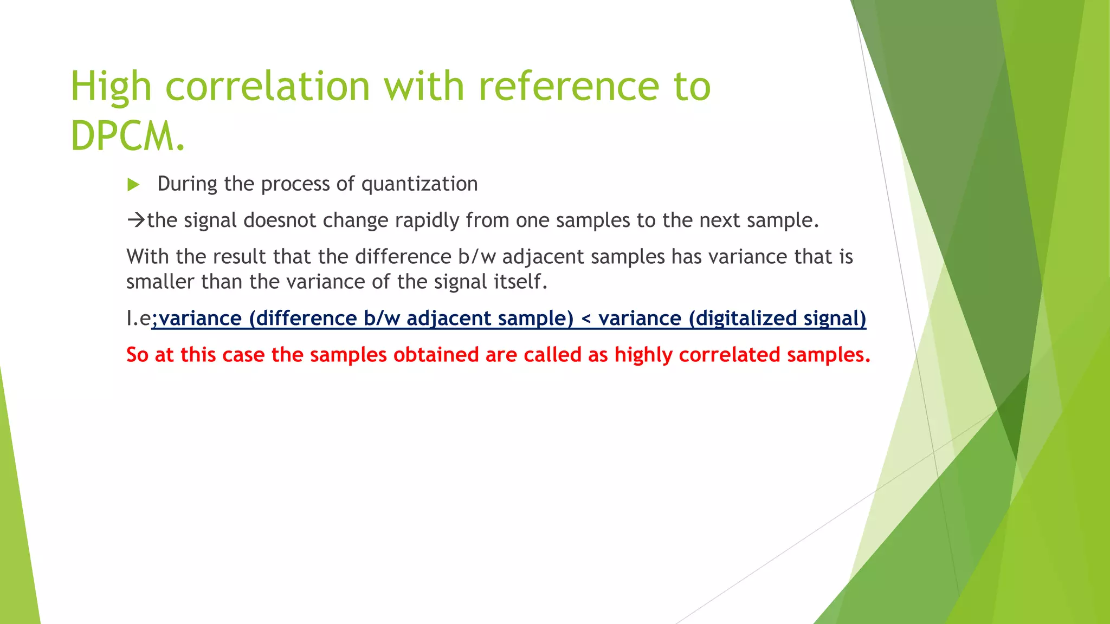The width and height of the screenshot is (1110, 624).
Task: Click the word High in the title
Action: click(111, 87)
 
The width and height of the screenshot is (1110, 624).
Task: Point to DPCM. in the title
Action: click(128, 135)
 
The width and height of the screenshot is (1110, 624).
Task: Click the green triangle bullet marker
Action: click(133, 185)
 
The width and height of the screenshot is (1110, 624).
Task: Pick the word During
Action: click(188, 184)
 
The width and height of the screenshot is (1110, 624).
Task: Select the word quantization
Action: click(420, 184)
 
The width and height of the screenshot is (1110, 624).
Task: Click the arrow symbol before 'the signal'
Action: click(136, 220)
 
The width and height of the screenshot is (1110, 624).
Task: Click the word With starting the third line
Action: click(148, 257)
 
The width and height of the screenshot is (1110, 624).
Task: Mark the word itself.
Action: click(520, 282)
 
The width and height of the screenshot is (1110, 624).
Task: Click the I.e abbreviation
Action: click(139, 318)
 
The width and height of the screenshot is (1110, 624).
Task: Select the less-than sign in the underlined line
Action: click(586, 318)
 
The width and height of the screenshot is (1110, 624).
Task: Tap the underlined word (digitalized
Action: click(743, 318)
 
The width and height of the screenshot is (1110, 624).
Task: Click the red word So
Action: click(137, 355)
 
